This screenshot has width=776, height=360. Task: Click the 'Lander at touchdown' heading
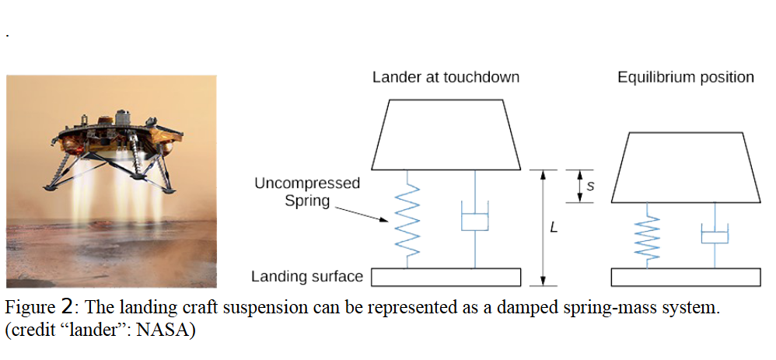tap(446, 77)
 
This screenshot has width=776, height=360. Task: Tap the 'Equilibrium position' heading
tap(685, 77)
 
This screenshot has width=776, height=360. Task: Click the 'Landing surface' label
tap(307, 276)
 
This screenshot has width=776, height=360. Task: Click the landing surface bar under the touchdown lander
tap(445, 277)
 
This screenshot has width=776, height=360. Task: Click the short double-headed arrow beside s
tap(579, 186)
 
